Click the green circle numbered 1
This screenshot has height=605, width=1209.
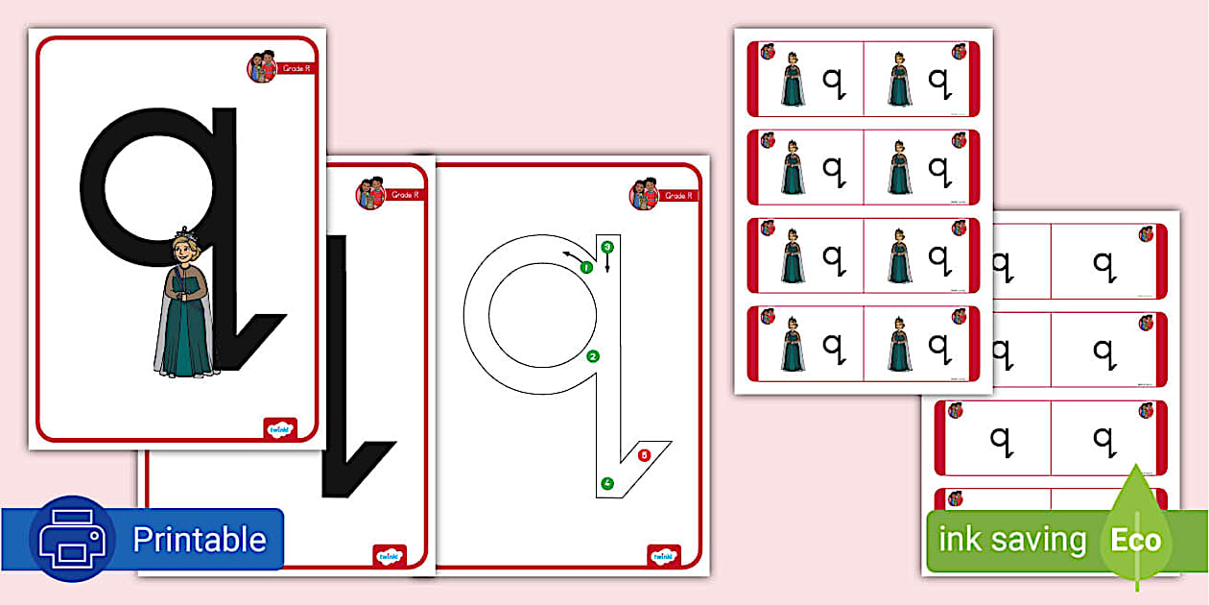tap(585, 268)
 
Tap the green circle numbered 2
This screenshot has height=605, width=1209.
tap(593, 357)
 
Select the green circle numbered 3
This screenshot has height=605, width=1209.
tap(606, 247)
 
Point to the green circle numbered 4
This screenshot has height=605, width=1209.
tap(607, 482)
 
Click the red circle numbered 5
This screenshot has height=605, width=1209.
tap(644, 454)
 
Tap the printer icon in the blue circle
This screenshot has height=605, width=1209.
tap(72, 539)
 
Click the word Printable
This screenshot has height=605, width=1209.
tap(199, 540)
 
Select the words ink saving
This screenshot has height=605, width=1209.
tap(1011, 540)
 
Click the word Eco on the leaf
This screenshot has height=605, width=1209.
tap(1136, 540)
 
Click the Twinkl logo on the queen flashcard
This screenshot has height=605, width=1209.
tap(280, 428)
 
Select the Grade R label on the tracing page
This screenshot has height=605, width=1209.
tap(677, 196)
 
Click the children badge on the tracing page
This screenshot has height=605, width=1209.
tap(644, 194)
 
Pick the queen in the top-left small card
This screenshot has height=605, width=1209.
tap(793, 79)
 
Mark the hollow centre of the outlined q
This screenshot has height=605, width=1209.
tap(531, 312)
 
